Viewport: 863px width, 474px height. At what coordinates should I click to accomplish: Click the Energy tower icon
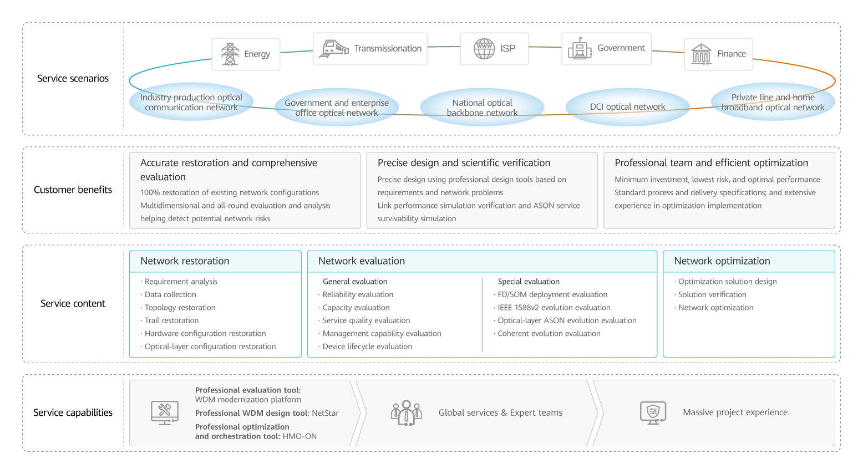point(230,54)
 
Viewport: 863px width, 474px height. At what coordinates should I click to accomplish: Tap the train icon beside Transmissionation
point(333,49)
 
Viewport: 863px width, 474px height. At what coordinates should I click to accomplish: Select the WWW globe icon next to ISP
point(484,49)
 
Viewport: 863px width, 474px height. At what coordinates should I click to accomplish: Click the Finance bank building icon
point(701,54)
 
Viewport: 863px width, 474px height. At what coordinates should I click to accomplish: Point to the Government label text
point(621,48)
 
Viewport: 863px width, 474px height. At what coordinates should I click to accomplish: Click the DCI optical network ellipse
point(627,106)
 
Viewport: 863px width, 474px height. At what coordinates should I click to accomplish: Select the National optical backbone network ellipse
point(482,108)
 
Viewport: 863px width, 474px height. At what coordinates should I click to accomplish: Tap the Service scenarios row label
point(73,79)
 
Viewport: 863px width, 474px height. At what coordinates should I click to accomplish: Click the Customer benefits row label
point(73,190)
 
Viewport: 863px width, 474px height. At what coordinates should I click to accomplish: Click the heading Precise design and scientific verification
point(464,163)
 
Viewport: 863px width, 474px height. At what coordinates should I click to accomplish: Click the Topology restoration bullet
point(180,308)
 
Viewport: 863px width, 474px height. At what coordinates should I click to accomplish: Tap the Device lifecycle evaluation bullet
point(367,346)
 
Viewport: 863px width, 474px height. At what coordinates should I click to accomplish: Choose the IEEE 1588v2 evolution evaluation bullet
point(554,308)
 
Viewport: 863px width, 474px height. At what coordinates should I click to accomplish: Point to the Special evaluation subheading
point(529,282)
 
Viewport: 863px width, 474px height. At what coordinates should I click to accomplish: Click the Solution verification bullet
point(712,295)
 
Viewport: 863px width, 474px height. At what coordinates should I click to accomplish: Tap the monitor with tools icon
point(165,412)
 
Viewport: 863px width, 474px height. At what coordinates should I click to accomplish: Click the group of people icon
point(406,412)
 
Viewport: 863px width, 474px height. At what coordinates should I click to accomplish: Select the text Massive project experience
point(735,412)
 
